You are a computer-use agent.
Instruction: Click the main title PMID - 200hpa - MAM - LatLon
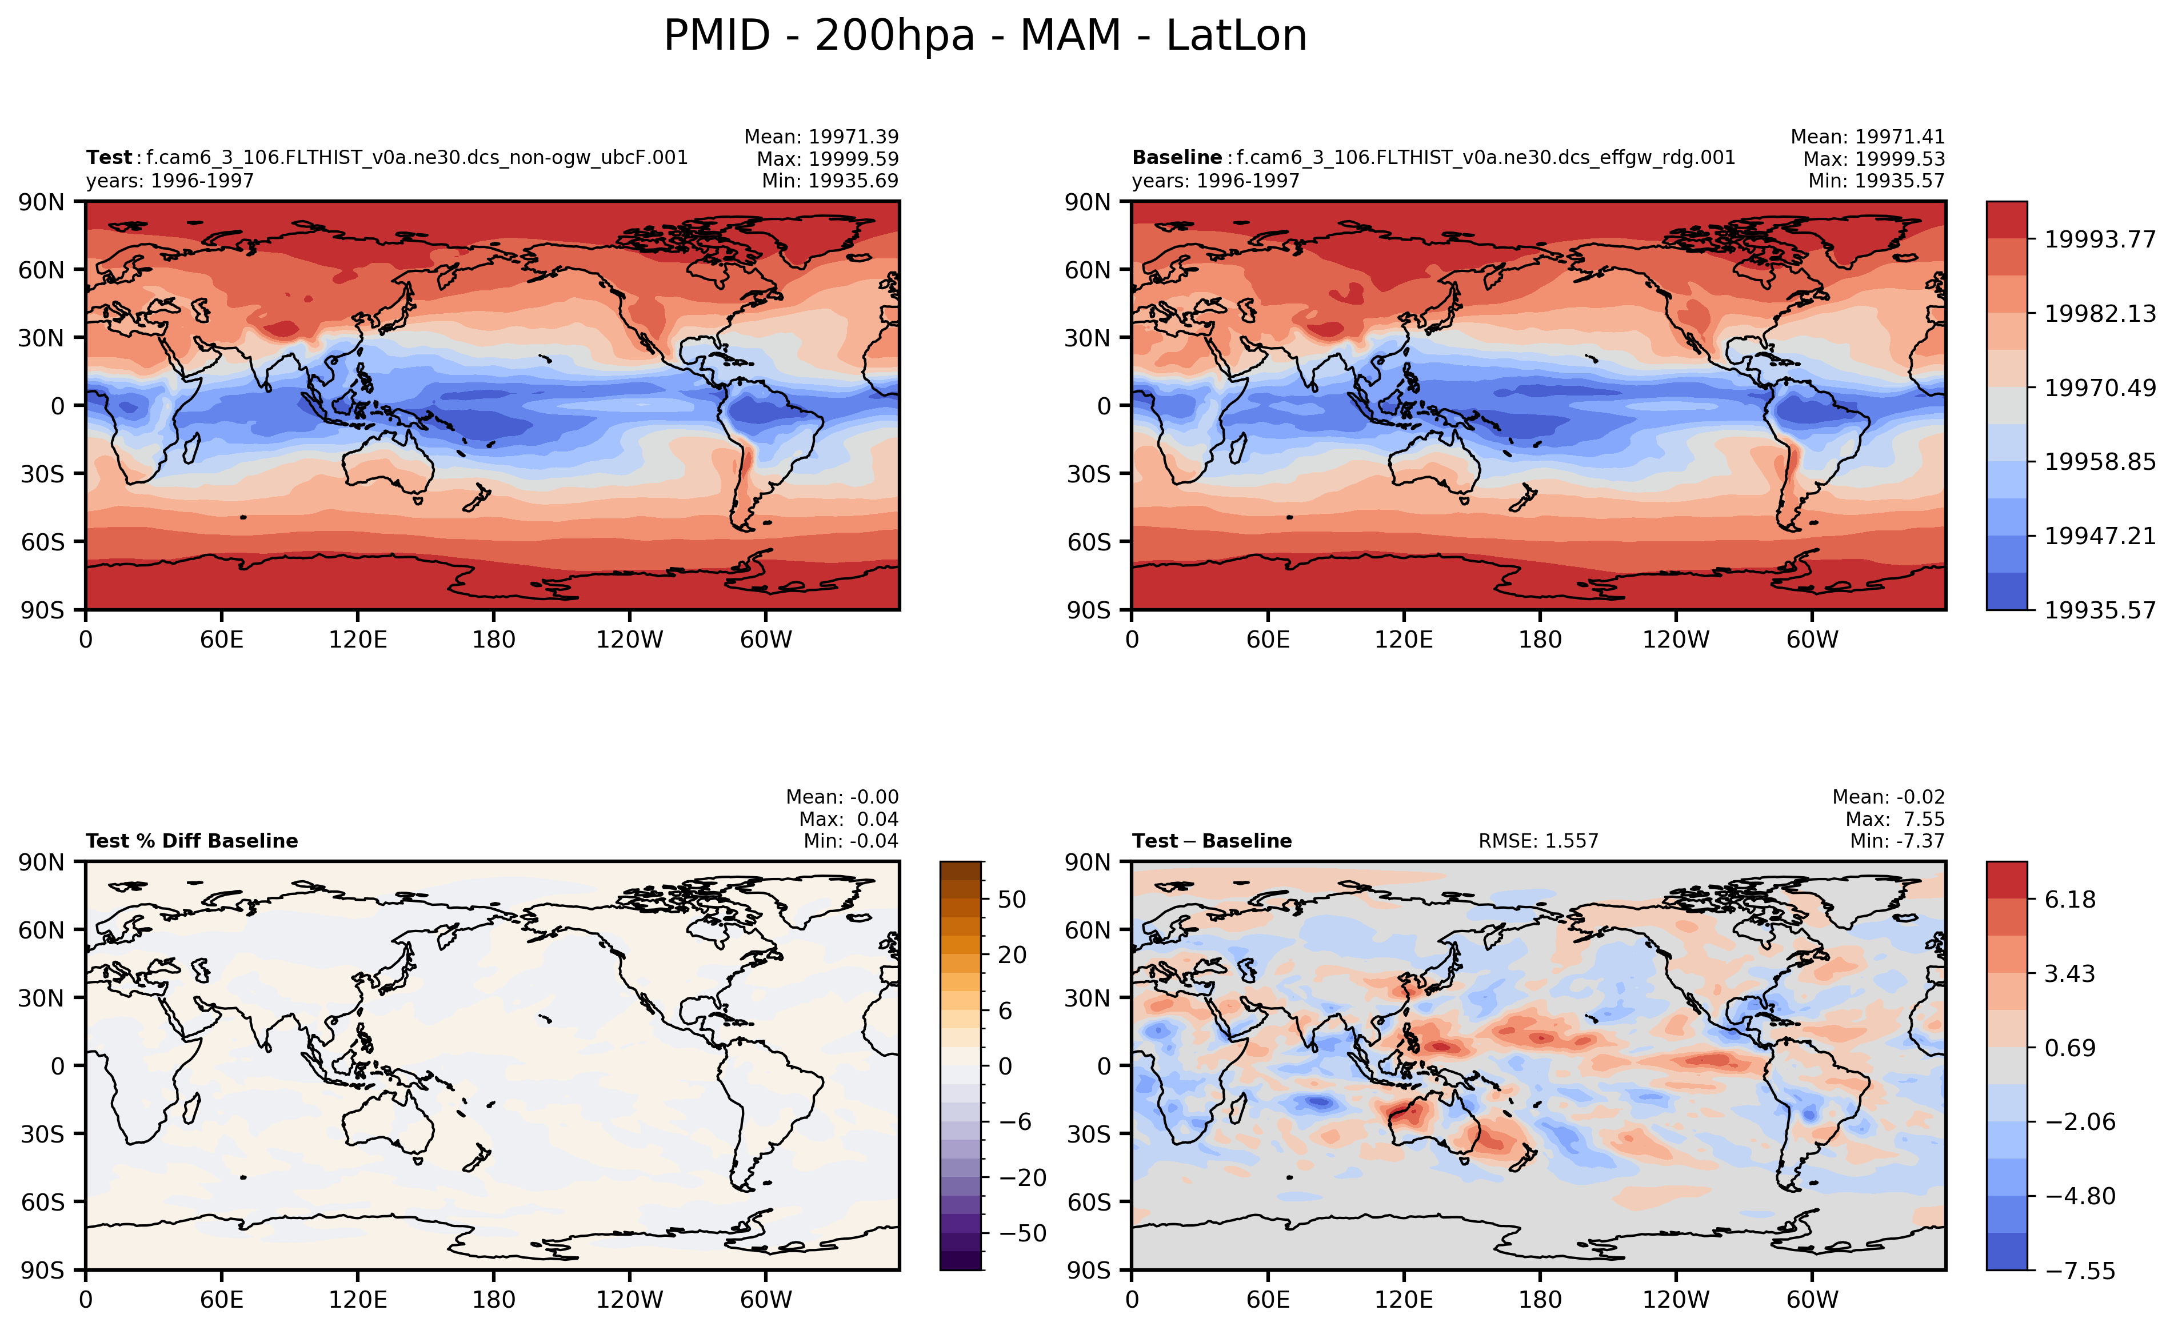pos(985,36)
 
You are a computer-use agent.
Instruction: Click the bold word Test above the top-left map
pos(109,158)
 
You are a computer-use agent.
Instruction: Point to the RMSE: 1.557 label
pos(1538,841)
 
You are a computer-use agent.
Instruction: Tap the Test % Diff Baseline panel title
pos(191,841)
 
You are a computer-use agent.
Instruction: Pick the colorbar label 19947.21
pos(2099,536)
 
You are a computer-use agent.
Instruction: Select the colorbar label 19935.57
pos(2099,610)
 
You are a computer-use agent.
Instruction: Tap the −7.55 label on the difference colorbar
pos(2080,1271)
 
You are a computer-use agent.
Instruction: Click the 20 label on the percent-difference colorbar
pos(1012,955)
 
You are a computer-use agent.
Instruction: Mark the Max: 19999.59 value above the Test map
pos(827,159)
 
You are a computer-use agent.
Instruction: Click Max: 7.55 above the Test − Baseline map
pos(1895,819)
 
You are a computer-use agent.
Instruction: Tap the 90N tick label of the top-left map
pos(42,202)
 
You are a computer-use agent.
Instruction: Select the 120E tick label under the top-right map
pos(1403,639)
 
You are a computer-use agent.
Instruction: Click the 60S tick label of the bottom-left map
pos(42,1201)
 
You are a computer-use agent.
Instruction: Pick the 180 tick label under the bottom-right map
pos(1540,1299)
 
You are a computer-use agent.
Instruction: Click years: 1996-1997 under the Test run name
pos(169,181)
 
